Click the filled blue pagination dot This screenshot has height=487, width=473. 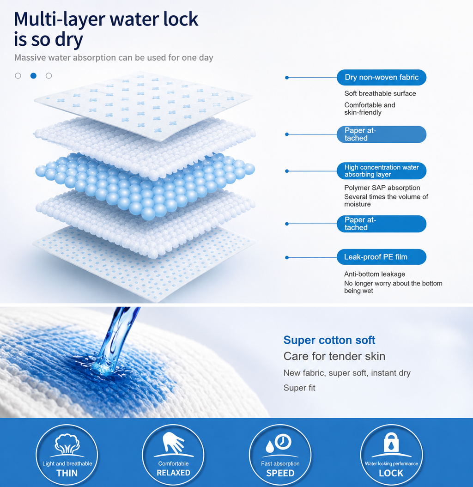click(34, 75)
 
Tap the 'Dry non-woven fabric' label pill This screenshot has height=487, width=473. click(382, 77)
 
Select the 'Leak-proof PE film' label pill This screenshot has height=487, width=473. click(382, 257)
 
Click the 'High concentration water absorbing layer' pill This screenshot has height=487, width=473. click(382, 171)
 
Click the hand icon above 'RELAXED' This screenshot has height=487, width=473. click(173, 443)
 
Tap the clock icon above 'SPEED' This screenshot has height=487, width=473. click(279, 443)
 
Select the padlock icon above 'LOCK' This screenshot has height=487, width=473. click(391, 442)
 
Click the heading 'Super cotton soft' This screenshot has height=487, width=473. click(329, 340)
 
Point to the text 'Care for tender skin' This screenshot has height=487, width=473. click(334, 356)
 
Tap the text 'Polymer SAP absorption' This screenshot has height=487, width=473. click(382, 188)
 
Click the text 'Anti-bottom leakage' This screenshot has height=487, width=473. click(375, 274)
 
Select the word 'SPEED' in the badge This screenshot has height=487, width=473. click(280, 473)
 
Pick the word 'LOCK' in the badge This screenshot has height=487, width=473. click(391, 473)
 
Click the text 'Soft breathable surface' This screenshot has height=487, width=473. click(380, 93)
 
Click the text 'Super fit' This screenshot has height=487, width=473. click(299, 388)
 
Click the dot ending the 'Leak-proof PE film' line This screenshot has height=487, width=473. click(287, 257)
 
